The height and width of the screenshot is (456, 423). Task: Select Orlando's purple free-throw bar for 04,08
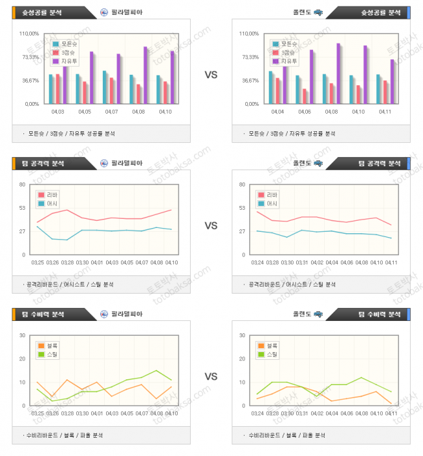pos(338,73)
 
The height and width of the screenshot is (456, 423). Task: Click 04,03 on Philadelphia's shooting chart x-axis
pos(57,112)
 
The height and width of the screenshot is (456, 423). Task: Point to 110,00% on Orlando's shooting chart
pos(249,34)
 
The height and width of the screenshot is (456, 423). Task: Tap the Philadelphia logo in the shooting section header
pos(104,12)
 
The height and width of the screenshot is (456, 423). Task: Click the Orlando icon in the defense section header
pos(318,314)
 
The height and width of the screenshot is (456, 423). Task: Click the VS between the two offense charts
pos(211,225)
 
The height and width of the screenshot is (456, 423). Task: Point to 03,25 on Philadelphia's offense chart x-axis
pos(38,262)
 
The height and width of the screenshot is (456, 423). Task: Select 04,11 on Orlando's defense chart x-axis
pos(391,413)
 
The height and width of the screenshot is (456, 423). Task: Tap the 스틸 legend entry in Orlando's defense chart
pos(272,355)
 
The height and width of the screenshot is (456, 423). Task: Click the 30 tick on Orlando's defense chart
pos(242,335)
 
